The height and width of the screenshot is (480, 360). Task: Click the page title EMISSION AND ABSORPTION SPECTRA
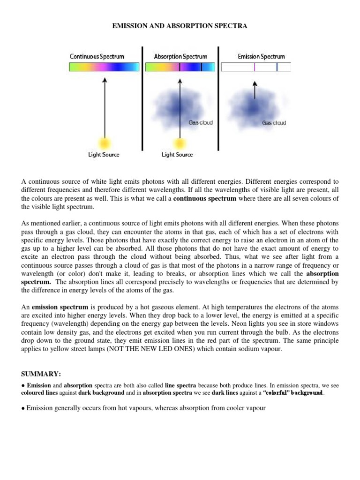pos(180,26)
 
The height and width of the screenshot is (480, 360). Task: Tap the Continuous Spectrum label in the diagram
pos(97,57)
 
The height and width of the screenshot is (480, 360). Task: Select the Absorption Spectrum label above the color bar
pos(180,57)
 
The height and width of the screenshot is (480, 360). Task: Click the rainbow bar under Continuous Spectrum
pos(104,67)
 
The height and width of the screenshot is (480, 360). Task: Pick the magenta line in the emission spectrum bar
pos(255,67)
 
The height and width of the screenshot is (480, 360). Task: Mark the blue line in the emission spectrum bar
pos(277,67)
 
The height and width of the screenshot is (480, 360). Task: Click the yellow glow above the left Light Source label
pos(104,142)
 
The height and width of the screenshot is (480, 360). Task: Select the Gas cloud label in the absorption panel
pos(201,122)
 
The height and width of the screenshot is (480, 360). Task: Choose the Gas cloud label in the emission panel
pos(274,123)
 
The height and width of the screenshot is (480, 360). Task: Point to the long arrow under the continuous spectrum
pos(104,108)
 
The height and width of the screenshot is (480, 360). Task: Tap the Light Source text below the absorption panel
pos(177,155)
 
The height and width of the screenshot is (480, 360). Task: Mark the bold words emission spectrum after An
pos(55,307)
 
